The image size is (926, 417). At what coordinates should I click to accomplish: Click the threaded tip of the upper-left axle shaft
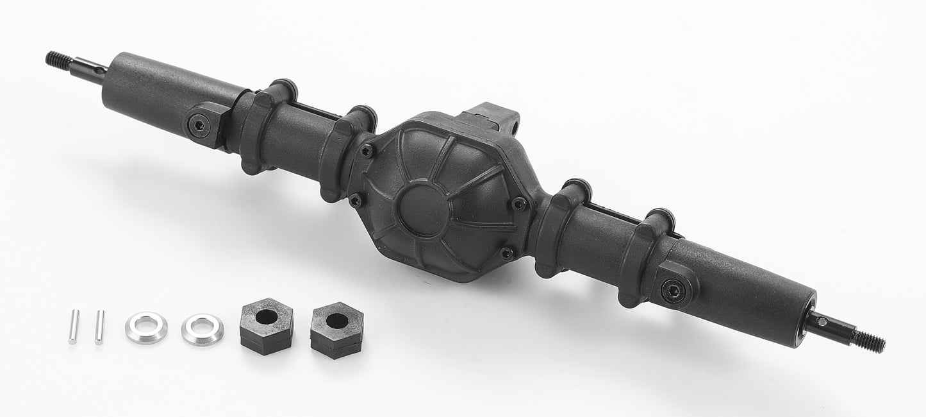58,60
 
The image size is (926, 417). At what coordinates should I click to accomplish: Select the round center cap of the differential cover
424,207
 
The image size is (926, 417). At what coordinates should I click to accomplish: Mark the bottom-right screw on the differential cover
506,253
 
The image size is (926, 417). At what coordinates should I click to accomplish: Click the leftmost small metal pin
74,326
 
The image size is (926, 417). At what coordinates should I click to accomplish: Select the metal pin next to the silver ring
99,327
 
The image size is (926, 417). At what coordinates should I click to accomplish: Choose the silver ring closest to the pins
146,327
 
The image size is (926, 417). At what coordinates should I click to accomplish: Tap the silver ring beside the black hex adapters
203,328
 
